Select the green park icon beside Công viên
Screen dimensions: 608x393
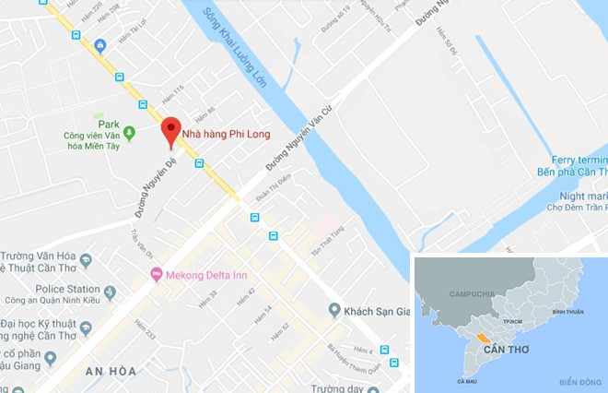pyautogui.click(x=129, y=132)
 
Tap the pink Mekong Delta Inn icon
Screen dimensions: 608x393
pyautogui.click(x=156, y=274)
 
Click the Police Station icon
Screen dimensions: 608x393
pyautogui.click(x=111, y=293)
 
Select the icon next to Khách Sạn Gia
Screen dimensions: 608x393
pyautogui.click(x=334, y=309)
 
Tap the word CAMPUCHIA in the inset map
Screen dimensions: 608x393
pyautogui.click(x=473, y=293)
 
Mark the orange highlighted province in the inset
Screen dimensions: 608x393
pyautogui.click(x=481, y=340)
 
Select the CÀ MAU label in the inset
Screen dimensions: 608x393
pyautogui.click(x=466, y=380)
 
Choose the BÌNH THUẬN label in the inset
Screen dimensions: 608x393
pyautogui.click(x=570, y=313)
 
